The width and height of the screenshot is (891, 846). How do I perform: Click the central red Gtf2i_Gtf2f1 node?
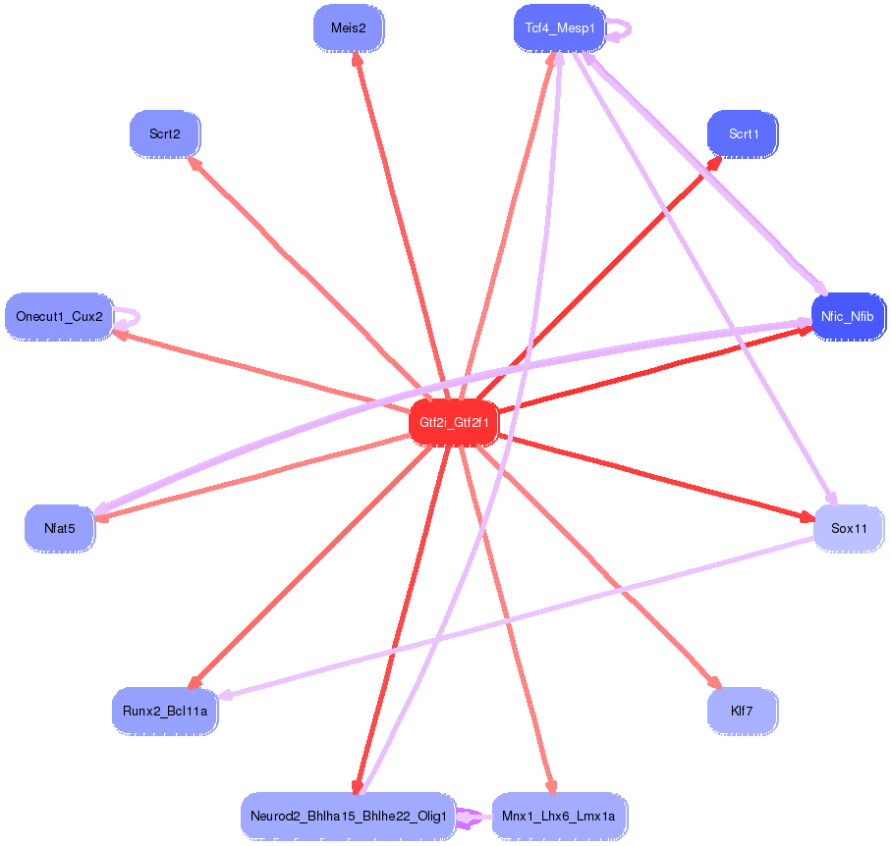click(454, 423)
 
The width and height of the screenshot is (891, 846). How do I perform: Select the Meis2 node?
click(348, 27)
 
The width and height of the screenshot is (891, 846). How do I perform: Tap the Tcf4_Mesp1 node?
click(559, 27)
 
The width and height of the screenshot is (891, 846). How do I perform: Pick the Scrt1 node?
click(743, 133)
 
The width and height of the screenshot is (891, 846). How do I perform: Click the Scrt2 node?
click(165, 133)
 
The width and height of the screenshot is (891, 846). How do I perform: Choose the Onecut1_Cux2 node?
click(59, 317)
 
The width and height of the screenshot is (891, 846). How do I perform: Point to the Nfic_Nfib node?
click(848, 317)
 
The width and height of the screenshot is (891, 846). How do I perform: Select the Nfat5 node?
click(59, 528)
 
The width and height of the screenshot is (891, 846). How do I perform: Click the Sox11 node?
click(848, 528)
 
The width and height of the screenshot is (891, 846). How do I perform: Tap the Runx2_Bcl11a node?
click(165, 711)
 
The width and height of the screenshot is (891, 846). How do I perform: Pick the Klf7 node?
click(743, 711)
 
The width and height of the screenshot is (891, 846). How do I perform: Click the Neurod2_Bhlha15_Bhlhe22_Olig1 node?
click(348, 816)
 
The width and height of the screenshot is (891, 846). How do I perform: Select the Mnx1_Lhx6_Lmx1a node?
click(559, 816)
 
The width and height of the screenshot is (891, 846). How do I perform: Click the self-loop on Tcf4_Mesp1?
click(621, 30)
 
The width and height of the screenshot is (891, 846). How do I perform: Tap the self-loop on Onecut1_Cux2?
click(130, 317)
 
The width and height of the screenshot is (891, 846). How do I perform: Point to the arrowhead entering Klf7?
click(715, 683)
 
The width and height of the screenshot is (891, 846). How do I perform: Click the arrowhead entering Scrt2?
click(195, 164)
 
